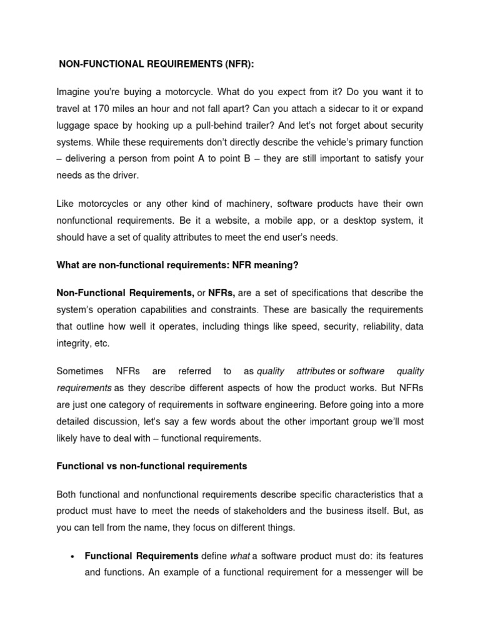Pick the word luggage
(x=74, y=126)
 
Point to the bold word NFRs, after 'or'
(x=222, y=293)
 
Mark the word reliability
(x=378, y=327)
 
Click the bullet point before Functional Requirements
(x=74, y=556)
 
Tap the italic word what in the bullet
(x=241, y=556)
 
